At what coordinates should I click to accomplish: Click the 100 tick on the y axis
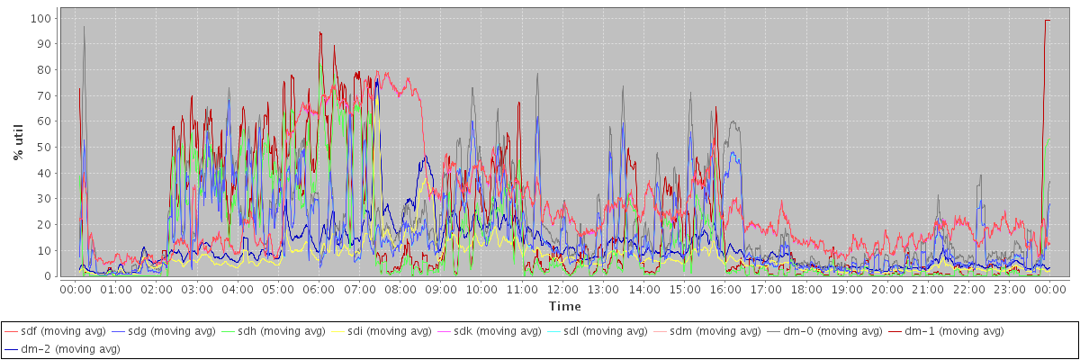pos(40,18)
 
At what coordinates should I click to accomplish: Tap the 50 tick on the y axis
pos(43,147)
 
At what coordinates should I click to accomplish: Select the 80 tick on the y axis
pos(43,69)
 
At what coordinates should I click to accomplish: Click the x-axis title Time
pos(564,307)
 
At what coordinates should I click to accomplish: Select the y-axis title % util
pos(19,143)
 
